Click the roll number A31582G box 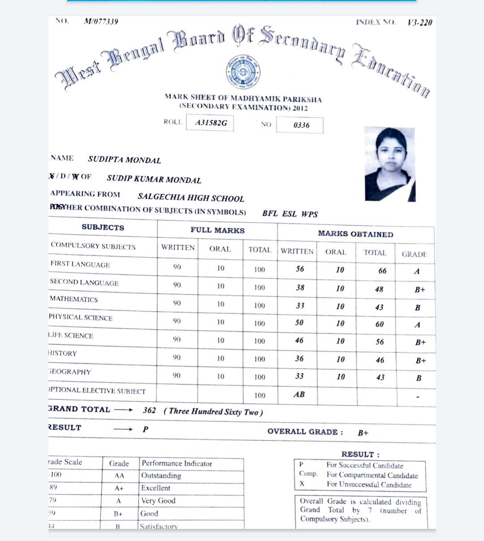(211, 123)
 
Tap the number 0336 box (300, 125)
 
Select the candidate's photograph (389, 164)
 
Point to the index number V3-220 (420, 22)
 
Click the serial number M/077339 (101, 21)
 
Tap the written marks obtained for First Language (300, 269)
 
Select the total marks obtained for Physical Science (379, 324)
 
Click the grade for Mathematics (418, 308)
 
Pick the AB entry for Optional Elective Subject (299, 395)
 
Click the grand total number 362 (149, 410)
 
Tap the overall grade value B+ (363, 433)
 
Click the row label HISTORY (63, 353)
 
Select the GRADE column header (414, 254)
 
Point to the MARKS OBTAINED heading (355, 234)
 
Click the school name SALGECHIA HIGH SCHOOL (191, 198)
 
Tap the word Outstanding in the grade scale (161, 476)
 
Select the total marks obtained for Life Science (380, 342)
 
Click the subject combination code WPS (309, 214)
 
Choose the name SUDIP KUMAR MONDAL (154, 179)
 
